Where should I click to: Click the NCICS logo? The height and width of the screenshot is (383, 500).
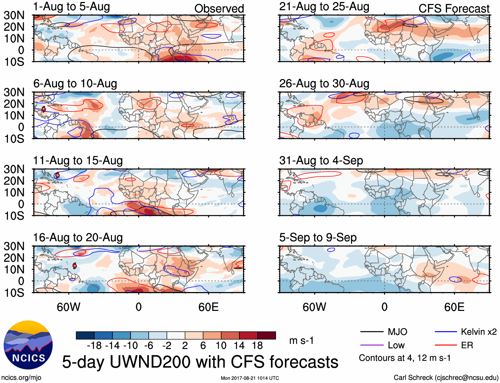point(28,345)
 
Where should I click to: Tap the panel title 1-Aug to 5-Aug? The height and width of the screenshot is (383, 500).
point(72,7)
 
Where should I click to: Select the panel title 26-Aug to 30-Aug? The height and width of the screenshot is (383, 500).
point(324,84)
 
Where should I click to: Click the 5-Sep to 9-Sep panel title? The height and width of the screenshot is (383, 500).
point(318,237)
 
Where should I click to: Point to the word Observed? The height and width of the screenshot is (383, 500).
point(219,9)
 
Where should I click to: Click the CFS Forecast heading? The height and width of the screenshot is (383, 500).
point(454,9)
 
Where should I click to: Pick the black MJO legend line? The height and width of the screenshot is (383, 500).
point(372,332)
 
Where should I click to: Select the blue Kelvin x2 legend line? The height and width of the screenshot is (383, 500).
point(446,332)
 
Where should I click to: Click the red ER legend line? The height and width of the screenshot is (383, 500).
point(446,345)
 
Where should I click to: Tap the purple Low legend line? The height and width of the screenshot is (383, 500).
point(372,345)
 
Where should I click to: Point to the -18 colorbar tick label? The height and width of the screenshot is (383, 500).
point(94,346)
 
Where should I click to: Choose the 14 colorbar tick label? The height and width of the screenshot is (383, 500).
point(239,346)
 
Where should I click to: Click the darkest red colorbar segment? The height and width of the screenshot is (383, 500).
point(267,335)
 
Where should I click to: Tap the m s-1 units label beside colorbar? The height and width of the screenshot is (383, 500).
point(301,340)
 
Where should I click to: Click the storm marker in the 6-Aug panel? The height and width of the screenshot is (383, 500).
point(44,109)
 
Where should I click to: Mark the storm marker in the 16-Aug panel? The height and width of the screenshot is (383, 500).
point(75,266)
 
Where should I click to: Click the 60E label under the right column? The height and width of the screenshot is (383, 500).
point(454,307)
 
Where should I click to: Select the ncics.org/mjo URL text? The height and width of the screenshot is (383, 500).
point(21,378)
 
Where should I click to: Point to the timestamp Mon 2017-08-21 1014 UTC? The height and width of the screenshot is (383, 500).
point(250,378)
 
